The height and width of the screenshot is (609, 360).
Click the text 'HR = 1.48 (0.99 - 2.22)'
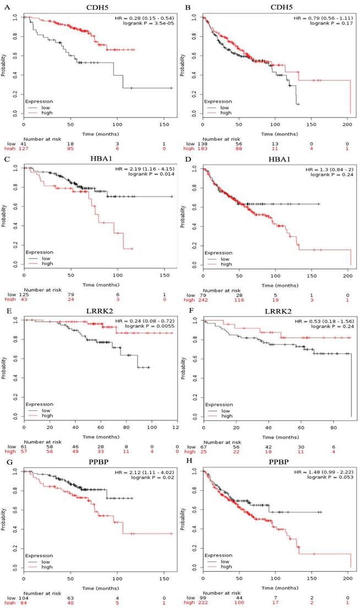click(x=320, y=473)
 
